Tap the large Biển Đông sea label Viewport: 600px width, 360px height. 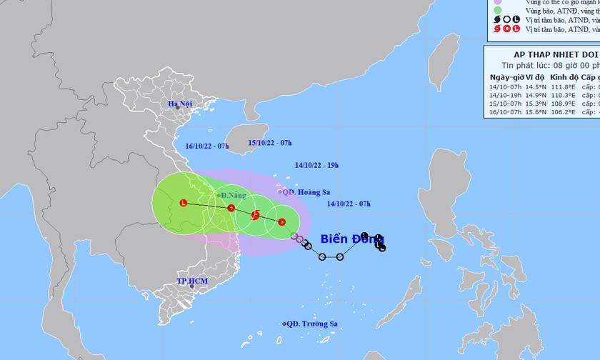pyautogui.click(x=344, y=239)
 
